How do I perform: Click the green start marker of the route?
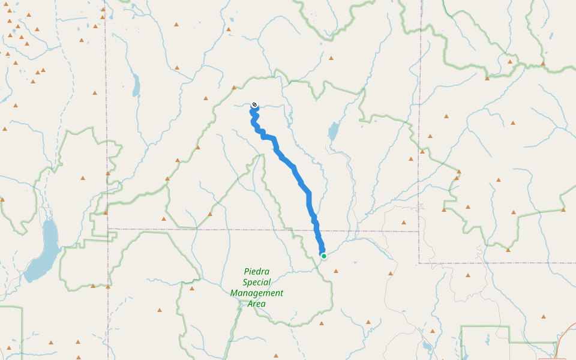[x=324, y=256]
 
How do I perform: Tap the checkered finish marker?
[x=254, y=105]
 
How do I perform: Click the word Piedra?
[x=257, y=271]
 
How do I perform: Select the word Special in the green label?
[x=257, y=282]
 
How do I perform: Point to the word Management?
[x=257, y=293]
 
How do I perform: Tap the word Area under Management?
[x=257, y=304]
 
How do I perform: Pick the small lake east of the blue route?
[x=333, y=131]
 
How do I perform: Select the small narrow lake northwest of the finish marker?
[x=136, y=85]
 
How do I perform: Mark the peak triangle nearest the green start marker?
[x=335, y=270]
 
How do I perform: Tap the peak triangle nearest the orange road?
[x=544, y=317]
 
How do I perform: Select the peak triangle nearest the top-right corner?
[x=542, y=62]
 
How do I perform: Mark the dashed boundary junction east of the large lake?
[x=108, y=229]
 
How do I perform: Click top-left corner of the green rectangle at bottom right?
[x=461, y=327]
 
